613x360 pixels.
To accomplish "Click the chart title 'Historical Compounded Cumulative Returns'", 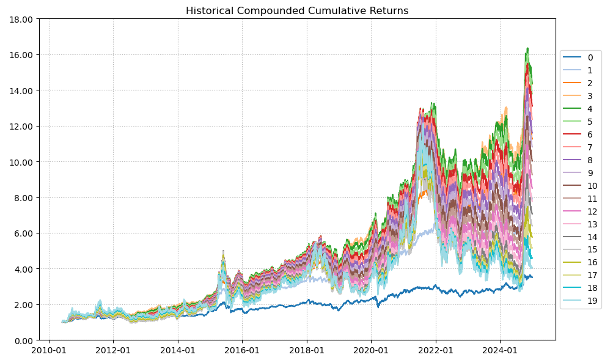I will coord(297,11).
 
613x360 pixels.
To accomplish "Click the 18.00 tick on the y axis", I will coord(22,19).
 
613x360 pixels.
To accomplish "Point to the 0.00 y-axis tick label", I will coord(24,340).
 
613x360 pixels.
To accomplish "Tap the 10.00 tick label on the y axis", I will coord(22,162).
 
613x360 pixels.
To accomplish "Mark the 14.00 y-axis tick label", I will coord(22,90).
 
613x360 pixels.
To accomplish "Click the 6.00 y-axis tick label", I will coord(24,233).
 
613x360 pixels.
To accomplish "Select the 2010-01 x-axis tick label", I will coord(49,351).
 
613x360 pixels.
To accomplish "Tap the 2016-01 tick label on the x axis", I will coord(242,351).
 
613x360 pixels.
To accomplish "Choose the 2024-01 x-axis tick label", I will coord(500,351).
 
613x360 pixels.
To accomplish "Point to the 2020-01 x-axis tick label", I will coord(371,351).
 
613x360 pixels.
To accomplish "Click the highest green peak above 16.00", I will coord(527,48).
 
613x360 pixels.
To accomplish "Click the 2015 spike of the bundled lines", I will coord(223,251).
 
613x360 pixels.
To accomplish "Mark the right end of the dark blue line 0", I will coord(532,277).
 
